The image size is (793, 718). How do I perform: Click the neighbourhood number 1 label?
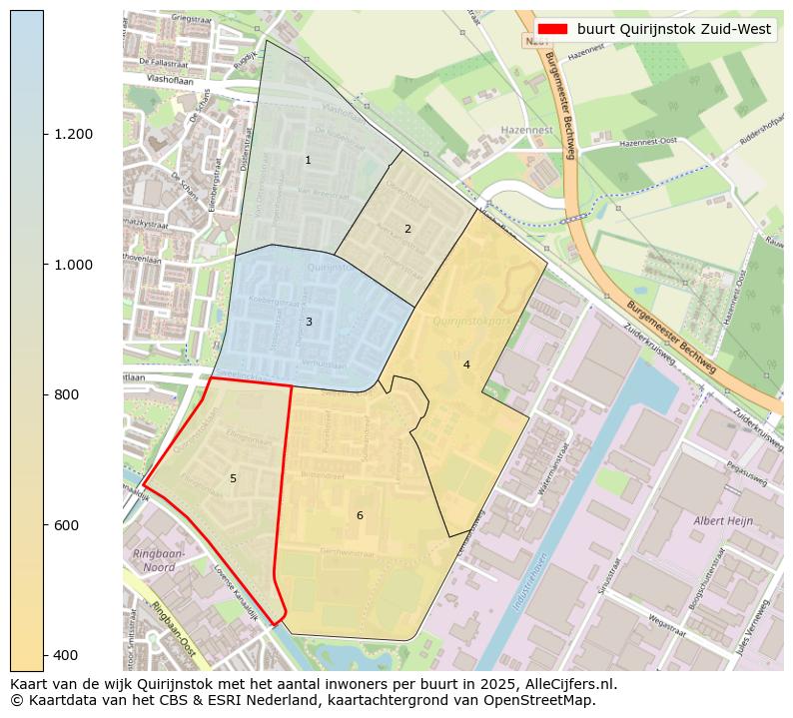(308, 160)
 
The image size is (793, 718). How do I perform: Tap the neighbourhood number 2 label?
(407, 230)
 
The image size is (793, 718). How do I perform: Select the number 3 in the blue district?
(309, 322)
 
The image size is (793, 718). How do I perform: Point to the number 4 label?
(466, 364)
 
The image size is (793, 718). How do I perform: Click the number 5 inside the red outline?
(233, 478)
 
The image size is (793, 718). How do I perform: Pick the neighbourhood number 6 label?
(360, 515)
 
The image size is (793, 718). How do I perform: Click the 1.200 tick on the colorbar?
(73, 134)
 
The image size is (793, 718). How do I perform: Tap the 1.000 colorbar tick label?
(73, 265)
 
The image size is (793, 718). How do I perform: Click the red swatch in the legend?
(550, 29)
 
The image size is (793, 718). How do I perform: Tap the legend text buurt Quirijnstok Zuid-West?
(673, 29)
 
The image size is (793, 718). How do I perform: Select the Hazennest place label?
(527, 131)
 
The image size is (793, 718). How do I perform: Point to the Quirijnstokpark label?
(472, 321)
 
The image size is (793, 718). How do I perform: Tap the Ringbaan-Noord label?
(153, 560)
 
